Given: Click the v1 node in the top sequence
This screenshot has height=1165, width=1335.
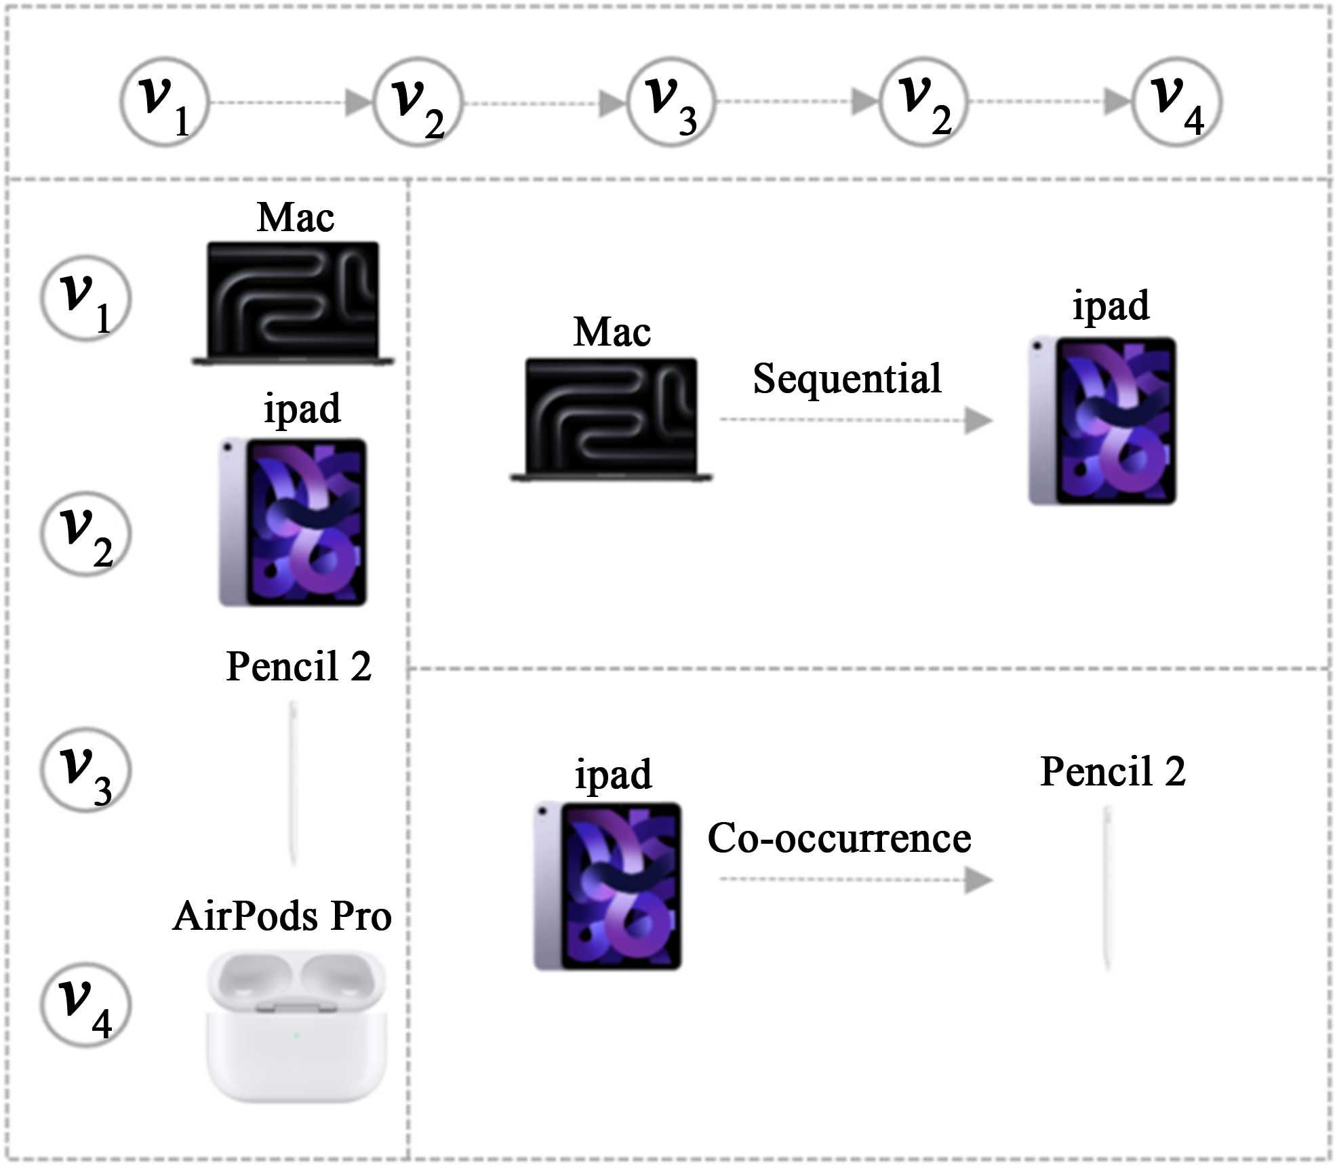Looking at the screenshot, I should tap(164, 102).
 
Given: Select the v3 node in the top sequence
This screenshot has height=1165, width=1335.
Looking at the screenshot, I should tap(671, 102).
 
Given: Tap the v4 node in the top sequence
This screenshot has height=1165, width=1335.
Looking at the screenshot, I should tap(1177, 102).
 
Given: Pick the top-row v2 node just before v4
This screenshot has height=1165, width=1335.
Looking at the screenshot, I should tap(923, 102).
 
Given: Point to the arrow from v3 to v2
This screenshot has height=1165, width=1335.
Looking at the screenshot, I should tap(797, 102).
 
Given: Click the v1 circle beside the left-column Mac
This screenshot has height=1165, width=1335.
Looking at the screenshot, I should tap(86, 298).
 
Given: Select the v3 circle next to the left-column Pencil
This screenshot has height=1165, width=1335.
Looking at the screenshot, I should tap(86, 770).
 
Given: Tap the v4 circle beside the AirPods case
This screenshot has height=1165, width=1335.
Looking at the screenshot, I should tap(86, 1005).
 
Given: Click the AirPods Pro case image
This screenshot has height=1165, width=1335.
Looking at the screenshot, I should tap(296, 1025).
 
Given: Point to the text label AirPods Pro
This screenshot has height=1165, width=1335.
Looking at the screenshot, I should tap(282, 916).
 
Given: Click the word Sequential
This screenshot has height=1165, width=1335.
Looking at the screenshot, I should tap(847, 378).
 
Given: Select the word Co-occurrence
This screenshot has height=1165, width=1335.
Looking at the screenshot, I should tap(839, 838).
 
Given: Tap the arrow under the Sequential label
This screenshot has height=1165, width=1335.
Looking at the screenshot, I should tap(856, 420).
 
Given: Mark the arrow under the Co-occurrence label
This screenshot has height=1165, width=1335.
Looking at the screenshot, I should tap(856, 880).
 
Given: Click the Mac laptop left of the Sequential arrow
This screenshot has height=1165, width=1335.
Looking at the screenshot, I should tap(612, 420).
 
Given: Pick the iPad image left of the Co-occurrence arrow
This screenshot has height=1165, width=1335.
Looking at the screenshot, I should tap(608, 886).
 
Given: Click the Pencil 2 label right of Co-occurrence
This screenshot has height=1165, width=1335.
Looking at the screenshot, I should tap(1113, 771).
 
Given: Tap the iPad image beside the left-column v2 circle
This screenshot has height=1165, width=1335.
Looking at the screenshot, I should tap(293, 523).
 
